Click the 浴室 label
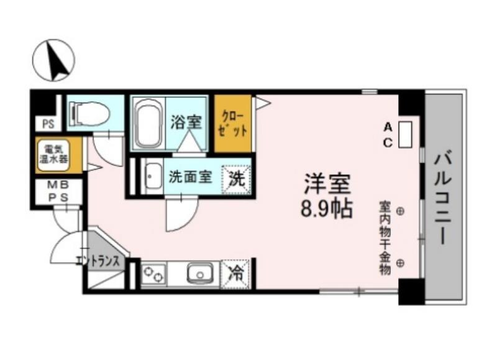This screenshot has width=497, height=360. coord(186,122)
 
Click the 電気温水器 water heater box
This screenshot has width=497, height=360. coord(52,155)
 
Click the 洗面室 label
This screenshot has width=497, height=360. coord(191,177)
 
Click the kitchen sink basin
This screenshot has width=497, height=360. coord(200,272)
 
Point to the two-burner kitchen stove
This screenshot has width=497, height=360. coord(153,273)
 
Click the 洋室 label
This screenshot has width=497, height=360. coord(327,185)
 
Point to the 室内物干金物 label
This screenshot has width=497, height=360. coord(385,237)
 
